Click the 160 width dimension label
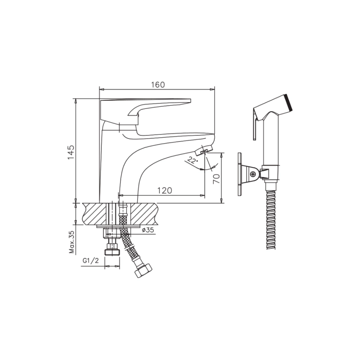(158, 85)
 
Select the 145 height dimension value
(71, 152)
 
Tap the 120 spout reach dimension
(164, 190)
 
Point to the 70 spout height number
(216, 178)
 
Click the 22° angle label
(193, 160)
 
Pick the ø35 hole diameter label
(148, 230)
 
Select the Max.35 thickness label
(72, 242)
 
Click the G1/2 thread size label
(90, 261)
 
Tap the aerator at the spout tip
(203, 150)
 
